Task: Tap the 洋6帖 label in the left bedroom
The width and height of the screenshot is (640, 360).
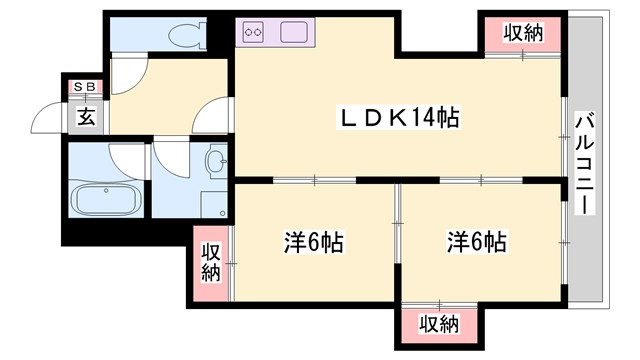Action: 313,242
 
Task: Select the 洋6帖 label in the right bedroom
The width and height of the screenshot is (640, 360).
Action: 476,242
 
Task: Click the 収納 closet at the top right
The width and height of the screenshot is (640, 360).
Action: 522,33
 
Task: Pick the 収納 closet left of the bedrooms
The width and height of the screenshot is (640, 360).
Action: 212,263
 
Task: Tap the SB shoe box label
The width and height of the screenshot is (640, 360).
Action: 84,88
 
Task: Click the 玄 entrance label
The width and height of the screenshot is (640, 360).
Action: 86,117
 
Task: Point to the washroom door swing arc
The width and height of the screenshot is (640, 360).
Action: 170,160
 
